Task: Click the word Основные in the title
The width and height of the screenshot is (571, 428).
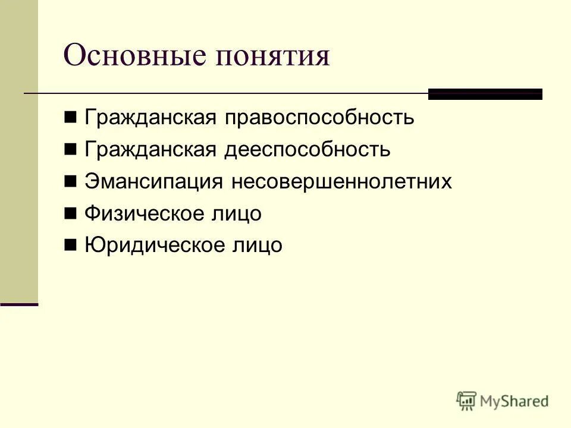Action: click(136, 56)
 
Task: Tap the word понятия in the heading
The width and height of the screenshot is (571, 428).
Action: click(274, 57)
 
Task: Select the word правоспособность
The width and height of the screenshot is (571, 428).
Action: click(319, 118)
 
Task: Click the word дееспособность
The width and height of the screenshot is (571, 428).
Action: click(307, 150)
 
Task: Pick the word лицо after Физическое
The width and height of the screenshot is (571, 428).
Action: click(237, 213)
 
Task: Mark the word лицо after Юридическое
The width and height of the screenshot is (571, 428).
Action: click(257, 245)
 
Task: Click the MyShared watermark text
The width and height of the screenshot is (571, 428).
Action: click(515, 401)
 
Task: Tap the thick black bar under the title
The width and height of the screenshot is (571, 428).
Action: click(485, 94)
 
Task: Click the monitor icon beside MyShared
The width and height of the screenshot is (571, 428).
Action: click(467, 401)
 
